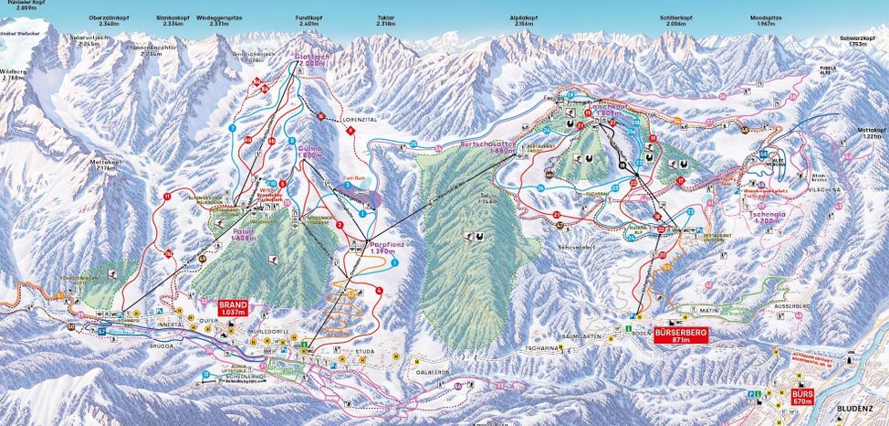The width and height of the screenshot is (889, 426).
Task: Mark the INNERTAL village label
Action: [x=172, y=324]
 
